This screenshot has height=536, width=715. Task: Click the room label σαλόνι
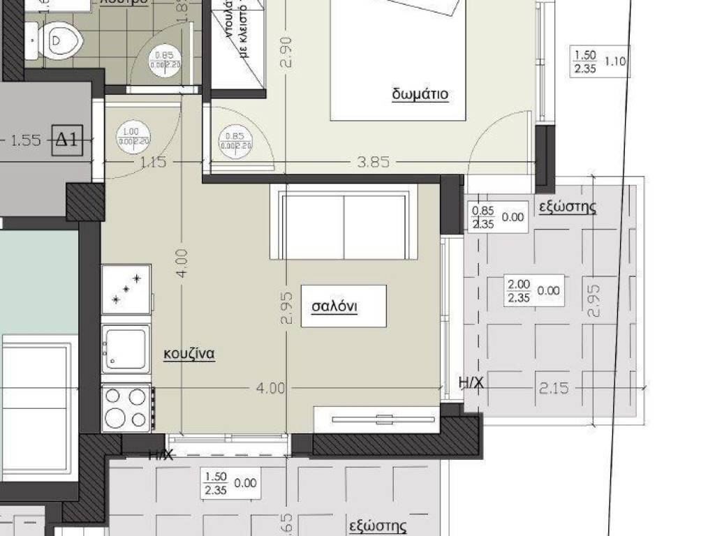click(334, 306)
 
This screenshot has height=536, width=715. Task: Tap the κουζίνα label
click(189, 354)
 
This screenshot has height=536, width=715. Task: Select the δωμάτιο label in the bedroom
click(419, 94)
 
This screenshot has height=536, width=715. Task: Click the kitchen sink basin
click(126, 347)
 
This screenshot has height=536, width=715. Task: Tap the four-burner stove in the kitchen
click(127, 408)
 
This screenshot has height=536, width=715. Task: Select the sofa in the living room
click(344, 222)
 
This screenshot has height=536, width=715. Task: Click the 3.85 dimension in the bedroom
click(372, 162)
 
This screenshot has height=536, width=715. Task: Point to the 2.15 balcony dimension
click(554, 388)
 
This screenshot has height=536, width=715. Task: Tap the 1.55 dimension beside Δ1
click(26, 140)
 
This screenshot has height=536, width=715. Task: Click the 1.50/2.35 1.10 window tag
click(598, 61)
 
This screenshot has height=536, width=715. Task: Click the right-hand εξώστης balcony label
click(568, 207)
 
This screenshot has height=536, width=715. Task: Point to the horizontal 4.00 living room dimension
click(272, 388)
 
